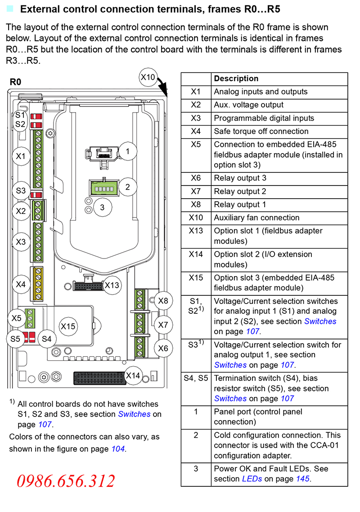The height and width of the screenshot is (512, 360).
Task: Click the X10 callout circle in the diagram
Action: click(148, 77)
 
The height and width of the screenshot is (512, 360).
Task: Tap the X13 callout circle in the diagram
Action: click(112, 285)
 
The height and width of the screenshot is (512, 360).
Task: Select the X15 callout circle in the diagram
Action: click(68, 326)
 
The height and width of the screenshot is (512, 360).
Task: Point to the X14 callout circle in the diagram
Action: click(133, 375)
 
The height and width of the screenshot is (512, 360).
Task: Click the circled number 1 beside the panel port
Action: click(128, 152)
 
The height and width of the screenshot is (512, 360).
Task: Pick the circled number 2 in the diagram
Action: click(128, 186)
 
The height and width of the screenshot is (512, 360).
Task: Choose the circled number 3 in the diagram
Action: click(102, 207)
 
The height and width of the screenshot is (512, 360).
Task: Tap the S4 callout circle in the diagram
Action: click(47, 339)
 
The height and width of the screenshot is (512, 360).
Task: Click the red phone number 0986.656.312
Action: click(66, 481)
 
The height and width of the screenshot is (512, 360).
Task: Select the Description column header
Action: click(236, 79)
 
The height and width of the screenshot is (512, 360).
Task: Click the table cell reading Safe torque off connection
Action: click(261, 131)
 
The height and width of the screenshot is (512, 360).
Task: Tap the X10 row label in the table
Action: click(196, 218)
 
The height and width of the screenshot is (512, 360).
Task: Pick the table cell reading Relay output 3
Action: click(240, 178)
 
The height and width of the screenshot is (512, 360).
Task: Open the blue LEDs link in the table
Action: click(252, 479)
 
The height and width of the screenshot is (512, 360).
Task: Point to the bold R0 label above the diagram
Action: click(15, 82)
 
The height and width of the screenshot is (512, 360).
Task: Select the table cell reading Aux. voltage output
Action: click(248, 105)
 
